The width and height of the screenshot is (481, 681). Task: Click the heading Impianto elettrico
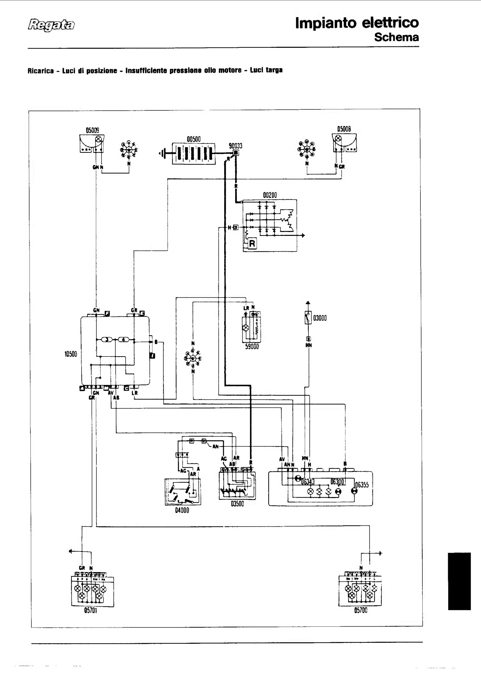[x=357, y=23]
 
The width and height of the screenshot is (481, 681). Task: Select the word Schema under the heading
[x=396, y=37]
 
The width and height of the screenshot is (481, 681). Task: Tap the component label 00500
[x=194, y=139]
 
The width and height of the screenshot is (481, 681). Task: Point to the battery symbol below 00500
[x=194, y=154]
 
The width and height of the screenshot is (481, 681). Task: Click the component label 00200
[x=270, y=195]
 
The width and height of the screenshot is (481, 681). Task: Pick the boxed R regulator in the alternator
[x=252, y=244]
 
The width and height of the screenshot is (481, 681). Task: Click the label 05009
[x=93, y=130]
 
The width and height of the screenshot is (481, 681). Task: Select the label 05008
[x=344, y=129]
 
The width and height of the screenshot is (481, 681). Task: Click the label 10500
[x=71, y=354]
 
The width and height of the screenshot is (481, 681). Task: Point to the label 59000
[x=252, y=347]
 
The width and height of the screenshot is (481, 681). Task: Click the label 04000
[x=182, y=510]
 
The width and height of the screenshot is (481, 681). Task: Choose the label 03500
[x=237, y=504]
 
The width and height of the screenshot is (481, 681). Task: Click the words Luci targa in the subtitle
[x=266, y=70]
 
